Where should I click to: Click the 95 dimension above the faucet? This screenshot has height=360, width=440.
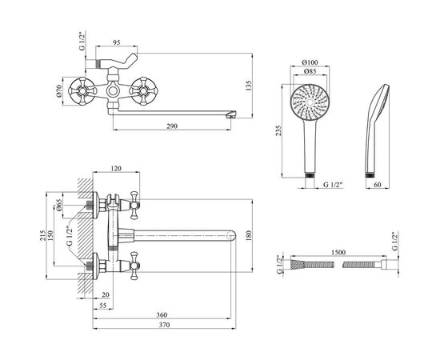pyautogui.click(x=117, y=42)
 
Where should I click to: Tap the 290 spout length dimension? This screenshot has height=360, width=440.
pyautogui.click(x=172, y=126)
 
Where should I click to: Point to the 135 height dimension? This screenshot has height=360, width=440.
pyautogui.click(x=249, y=86)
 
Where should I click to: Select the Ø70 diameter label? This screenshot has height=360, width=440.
pyautogui.click(x=58, y=91)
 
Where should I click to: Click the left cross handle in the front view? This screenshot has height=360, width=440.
pyautogui.click(x=82, y=91)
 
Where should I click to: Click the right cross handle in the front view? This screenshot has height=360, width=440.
pyautogui.click(x=144, y=91)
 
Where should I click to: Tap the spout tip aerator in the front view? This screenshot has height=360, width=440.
pyautogui.click(x=231, y=114)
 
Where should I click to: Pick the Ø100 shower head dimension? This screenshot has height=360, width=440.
pyautogui.click(x=310, y=62)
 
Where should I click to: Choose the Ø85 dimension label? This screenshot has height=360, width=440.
pyautogui.click(x=310, y=71)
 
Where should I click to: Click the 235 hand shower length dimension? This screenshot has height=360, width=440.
pyautogui.click(x=278, y=130)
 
